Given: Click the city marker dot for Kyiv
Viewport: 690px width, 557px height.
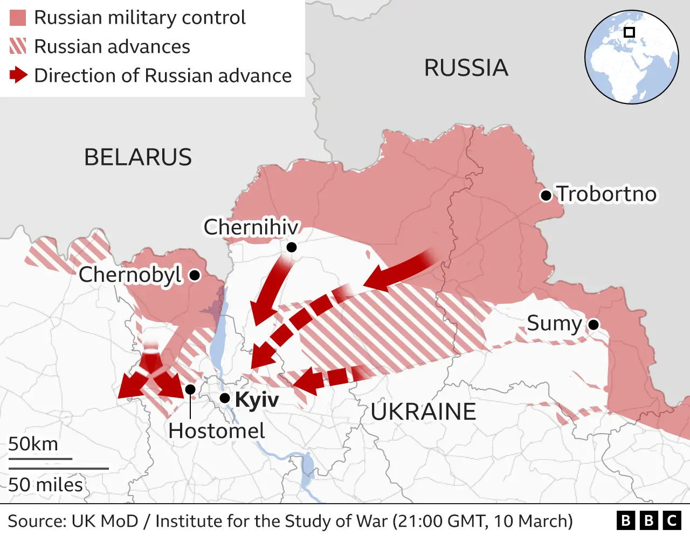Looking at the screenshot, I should (x=225, y=399).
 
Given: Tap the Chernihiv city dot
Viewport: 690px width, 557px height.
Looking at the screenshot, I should (x=292, y=247).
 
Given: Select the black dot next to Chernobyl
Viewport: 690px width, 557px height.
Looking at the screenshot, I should (x=195, y=275).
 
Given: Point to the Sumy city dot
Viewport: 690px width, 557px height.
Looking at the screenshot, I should (x=594, y=325).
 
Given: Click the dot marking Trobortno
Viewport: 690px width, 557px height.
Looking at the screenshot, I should (x=546, y=195).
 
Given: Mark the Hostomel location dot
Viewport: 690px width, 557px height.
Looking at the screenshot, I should (x=190, y=389).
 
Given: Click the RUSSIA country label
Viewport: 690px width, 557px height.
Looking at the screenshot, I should (x=466, y=68).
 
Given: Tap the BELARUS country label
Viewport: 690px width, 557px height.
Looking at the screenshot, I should (x=138, y=157).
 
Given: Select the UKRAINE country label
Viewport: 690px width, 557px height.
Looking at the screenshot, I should (x=423, y=412).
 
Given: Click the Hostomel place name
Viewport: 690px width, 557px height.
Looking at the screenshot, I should (x=216, y=431).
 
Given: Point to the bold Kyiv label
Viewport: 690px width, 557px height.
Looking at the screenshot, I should (x=257, y=400).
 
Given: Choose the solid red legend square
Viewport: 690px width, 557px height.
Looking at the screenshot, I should (x=18, y=18).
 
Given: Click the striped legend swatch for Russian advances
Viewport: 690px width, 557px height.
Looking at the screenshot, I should (x=18, y=46).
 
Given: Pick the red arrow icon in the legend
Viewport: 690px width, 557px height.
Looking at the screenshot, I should (x=18, y=75).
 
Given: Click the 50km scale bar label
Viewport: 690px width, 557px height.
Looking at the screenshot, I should (x=33, y=444).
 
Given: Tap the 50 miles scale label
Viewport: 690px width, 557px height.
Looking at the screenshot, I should (x=45, y=485).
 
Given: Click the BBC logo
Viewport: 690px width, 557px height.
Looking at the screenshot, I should (x=648, y=520).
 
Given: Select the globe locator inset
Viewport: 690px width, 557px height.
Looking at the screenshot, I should (x=632, y=57).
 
